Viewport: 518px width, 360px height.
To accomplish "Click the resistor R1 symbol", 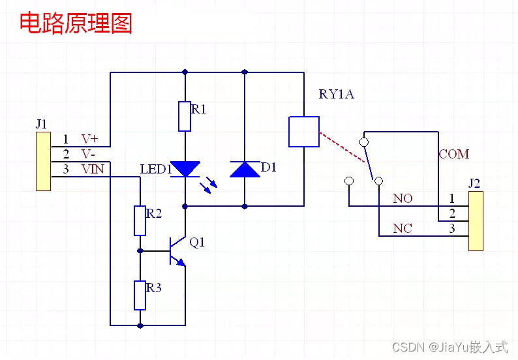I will coord(185,116).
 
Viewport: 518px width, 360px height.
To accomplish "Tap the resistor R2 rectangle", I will coord(140,220).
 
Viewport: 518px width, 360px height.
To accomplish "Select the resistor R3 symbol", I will coord(140,295).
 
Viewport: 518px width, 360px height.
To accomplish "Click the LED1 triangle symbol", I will coord(185,170).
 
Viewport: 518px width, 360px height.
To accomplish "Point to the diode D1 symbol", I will coord(245,170).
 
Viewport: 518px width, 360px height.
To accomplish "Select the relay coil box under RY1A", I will coord(304,132).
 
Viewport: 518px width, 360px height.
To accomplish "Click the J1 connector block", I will coord(43,161).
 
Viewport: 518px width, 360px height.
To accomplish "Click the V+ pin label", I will coord(89,139).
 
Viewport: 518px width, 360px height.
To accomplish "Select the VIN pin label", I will coord(91,170).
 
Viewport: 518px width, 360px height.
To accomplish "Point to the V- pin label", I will coord(89,155).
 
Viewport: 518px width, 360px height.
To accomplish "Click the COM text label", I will coord(453,155).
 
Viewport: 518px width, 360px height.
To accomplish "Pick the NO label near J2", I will coord(403,198).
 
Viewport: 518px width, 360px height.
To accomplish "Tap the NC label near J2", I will coord(403,228).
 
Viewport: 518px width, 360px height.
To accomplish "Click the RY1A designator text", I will coord(336,94).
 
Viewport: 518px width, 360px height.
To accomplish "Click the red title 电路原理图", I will coord(76,23).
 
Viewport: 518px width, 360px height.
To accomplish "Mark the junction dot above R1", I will coord(185,72).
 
